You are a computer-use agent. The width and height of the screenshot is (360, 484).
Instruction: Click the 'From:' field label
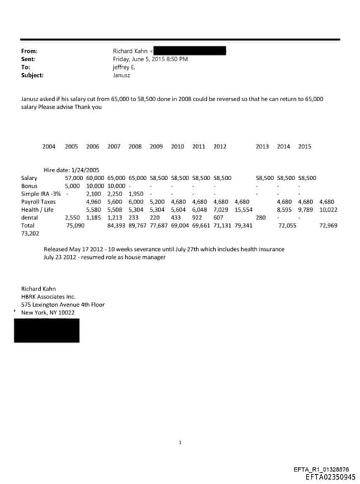[x=29, y=51]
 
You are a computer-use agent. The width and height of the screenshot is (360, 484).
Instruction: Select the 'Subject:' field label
[x=32, y=75]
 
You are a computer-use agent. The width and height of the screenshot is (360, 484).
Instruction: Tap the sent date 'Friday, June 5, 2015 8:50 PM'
[x=150, y=59]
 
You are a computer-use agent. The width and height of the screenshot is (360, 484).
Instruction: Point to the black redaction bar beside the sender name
[x=189, y=51]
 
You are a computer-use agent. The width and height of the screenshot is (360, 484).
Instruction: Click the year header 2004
[x=49, y=146]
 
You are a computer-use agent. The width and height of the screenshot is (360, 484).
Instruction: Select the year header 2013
[x=262, y=146]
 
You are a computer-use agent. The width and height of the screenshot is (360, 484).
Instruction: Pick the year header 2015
[x=304, y=146]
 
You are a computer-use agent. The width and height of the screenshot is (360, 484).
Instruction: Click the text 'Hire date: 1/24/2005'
[x=74, y=170]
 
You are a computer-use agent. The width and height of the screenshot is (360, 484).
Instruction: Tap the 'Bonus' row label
[x=29, y=186]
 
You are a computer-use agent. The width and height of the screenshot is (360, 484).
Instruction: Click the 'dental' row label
[x=30, y=217]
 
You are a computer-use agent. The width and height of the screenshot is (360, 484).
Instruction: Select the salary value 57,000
[x=74, y=178]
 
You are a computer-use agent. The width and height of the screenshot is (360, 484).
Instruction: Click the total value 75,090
[x=75, y=225]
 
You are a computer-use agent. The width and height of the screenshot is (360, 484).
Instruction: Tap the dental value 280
[x=260, y=217]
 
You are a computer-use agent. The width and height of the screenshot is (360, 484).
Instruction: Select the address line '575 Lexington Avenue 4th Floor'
[x=63, y=304]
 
